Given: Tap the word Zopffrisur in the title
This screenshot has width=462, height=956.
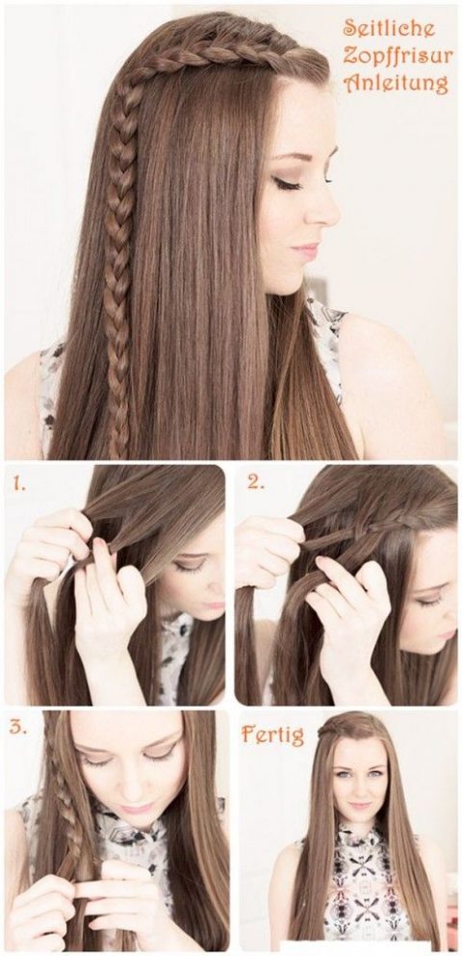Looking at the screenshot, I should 396,57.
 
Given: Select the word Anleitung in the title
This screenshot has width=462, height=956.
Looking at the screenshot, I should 396,84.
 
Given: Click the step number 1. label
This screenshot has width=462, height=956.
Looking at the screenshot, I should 21,480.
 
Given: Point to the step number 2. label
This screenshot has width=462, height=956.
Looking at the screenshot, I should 255,481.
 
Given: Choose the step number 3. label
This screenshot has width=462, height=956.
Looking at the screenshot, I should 18,727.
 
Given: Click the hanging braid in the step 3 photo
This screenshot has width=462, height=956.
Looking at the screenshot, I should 50,818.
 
